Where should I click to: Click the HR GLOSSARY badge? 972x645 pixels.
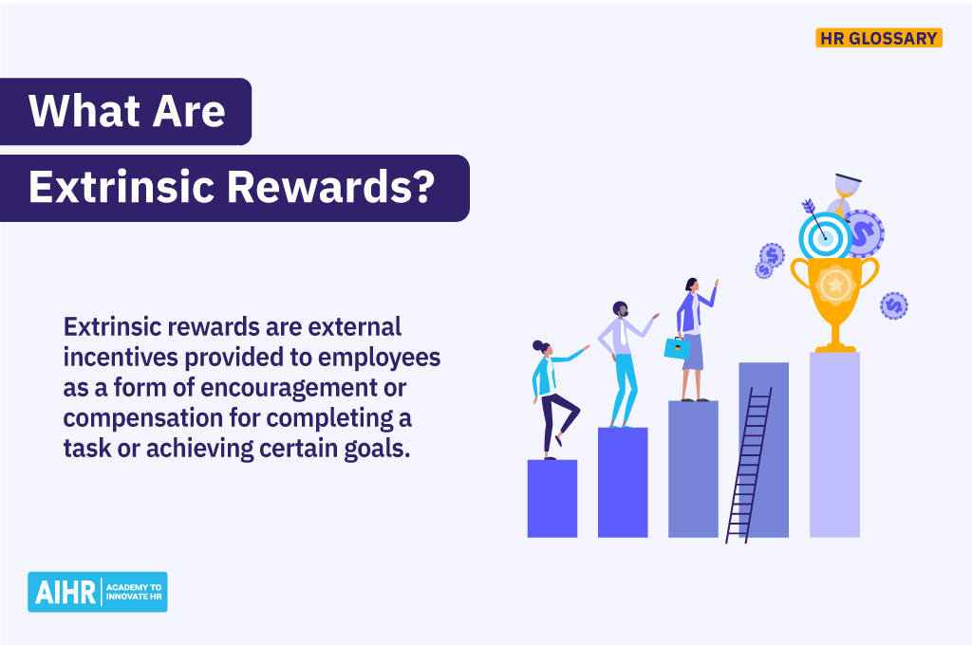click(879, 38)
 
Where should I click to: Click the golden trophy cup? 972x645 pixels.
click(834, 289)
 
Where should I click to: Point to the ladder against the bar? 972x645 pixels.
click(749, 465)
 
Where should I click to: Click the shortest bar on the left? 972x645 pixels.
click(551, 498)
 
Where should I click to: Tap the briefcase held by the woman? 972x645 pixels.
click(677, 347)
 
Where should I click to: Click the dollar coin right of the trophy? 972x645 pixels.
click(893, 305)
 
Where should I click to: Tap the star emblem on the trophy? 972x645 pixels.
click(834, 283)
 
